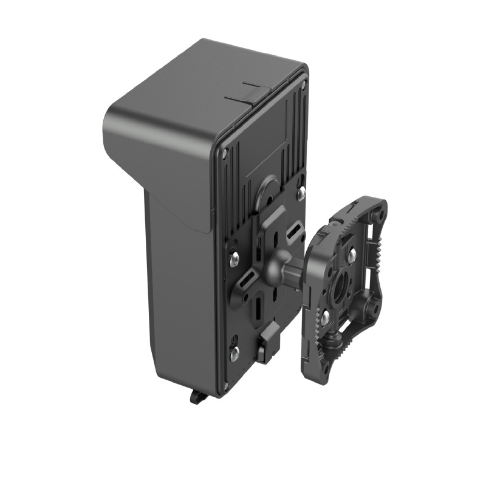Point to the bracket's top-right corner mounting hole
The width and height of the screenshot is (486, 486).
pos(380,214)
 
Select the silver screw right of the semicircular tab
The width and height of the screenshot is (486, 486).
pos(301,193)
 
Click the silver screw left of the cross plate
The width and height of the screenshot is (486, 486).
pos(234,259)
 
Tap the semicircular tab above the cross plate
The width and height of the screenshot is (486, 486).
pos(268,192)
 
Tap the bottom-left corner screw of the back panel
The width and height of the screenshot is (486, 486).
pos(225,385)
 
